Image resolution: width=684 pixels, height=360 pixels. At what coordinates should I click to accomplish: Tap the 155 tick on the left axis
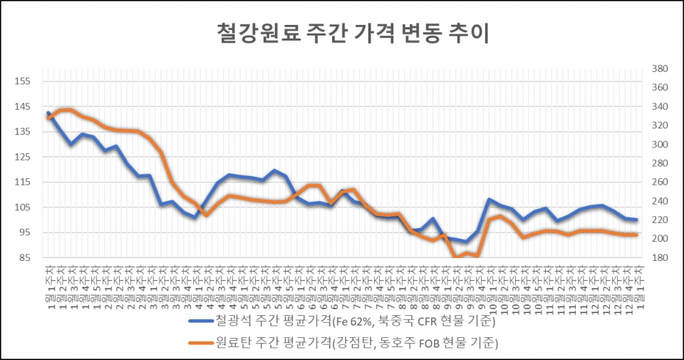(x=22, y=81)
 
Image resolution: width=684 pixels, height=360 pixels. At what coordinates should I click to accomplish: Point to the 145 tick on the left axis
(x=22, y=107)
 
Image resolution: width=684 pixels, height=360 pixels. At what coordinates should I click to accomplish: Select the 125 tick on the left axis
(x=22, y=157)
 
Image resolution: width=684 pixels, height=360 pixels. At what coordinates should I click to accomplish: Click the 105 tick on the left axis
(x=22, y=207)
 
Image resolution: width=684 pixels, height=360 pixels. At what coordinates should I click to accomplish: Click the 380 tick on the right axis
(x=659, y=69)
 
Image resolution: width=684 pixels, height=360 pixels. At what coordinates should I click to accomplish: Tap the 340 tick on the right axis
(x=659, y=107)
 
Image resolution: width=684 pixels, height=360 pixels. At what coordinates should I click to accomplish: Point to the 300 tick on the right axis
(x=659, y=145)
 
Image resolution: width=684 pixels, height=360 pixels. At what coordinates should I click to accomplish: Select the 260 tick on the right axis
(x=659, y=182)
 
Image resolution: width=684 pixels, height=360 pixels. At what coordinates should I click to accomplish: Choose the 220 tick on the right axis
(x=659, y=220)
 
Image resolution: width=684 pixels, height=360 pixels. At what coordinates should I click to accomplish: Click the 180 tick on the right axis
(x=659, y=257)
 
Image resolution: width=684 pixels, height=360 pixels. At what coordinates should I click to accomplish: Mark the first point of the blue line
(x=48, y=113)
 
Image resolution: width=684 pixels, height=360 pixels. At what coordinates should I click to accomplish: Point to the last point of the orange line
(x=636, y=235)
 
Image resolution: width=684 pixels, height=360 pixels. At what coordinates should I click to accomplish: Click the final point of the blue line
(x=636, y=220)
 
